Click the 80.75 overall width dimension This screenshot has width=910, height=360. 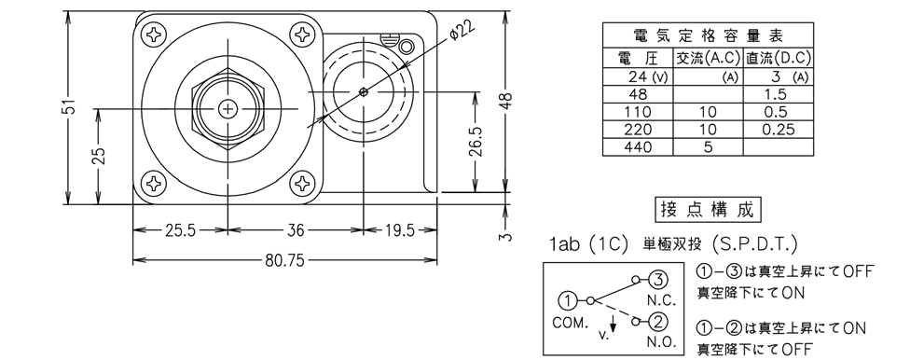coord(284,261)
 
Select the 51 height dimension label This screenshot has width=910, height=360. coord(70,108)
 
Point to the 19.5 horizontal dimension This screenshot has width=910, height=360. coord(399,231)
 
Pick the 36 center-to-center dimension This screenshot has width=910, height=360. coord(296,231)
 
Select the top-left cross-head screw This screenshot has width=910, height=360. coord(155,34)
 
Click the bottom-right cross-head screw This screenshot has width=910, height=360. coord(302,184)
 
